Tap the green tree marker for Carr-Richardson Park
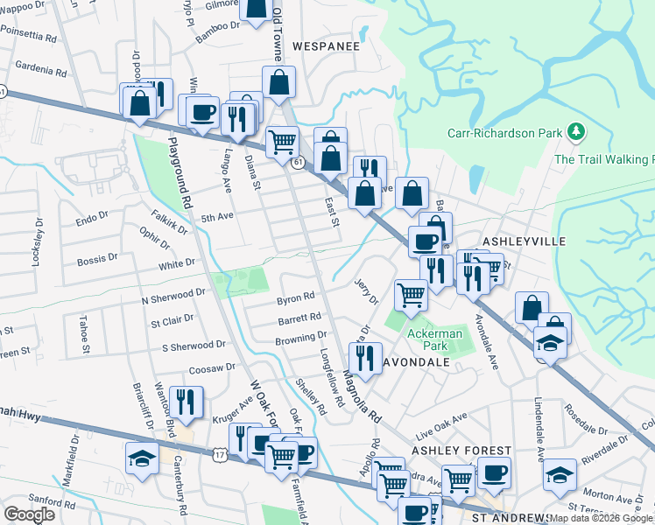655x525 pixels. pyautogui.click(x=575, y=132)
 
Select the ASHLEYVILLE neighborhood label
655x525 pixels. pyautogui.click(x=525, y=241)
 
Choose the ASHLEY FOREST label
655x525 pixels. pyautogui.click(x=461, y=450)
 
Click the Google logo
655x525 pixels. pyautogui.click(x=30, y=514)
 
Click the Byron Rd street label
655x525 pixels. pyautogui.click(x=295, y=298)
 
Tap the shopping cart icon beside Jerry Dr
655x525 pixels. pyautogui.click(x=411, y=294)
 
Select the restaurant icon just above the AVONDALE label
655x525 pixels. pyautogui.click(x=364, y=355)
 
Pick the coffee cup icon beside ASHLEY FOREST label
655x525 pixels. pyautogui.click(x=494, y=472)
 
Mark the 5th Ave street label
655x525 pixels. pyautogui.click(x=218, y=217)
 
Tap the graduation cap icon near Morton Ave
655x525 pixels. pyautogui.click(x=560, y=475)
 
